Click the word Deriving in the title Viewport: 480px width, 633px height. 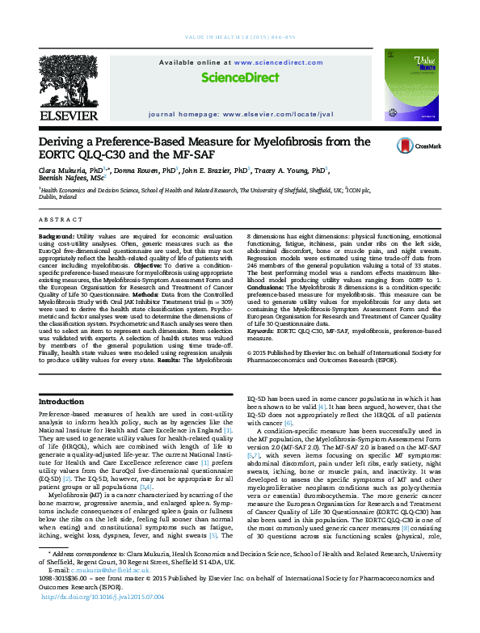click(67, 142)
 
